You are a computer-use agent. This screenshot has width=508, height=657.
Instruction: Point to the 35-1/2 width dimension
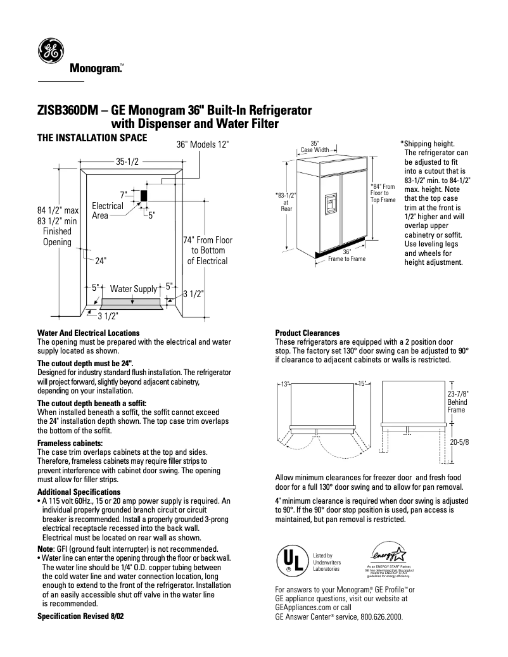[x=127, y=162]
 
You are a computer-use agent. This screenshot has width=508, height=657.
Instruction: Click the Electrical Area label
[x=108, y=210]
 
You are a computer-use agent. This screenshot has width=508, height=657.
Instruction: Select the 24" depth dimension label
[x=101, y=260]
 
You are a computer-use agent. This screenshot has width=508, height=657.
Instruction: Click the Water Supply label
[x=133, y=289]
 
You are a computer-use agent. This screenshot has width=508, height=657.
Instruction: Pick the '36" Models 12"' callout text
[x=203, y=144]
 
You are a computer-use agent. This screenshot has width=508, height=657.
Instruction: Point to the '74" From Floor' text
[x=207, y=240]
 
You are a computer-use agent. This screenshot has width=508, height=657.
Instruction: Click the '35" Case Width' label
[x=314, y=147]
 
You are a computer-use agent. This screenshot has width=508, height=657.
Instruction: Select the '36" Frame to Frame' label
[x=346, y=255]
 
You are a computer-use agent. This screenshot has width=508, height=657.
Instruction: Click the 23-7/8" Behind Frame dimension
[x=458, y=401]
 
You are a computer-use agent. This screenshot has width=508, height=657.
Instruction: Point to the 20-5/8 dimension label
[x=459, y=443]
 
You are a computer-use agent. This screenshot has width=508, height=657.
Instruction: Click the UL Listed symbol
[x=289, y=560]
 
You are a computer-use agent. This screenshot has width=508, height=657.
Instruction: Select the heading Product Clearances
[x=307, y=333]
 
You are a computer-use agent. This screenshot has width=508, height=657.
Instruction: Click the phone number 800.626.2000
[x=380, y=616]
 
